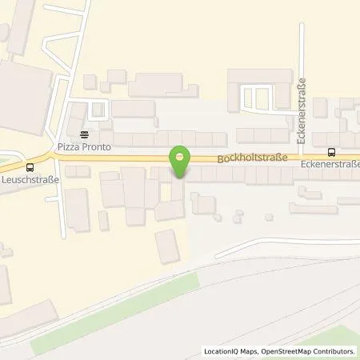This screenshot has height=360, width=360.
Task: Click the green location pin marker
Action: (181, 159)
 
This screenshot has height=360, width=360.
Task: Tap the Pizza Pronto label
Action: (83, 148)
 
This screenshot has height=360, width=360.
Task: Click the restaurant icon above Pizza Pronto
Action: (83, 136)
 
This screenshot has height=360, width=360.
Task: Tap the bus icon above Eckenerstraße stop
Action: (331, 152)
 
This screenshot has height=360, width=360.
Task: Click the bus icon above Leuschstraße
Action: (30, 167)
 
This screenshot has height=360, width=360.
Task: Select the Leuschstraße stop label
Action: (30, 181)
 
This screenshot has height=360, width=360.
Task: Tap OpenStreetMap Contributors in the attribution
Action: (309, 351)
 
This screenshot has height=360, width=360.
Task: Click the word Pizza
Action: (66, 148)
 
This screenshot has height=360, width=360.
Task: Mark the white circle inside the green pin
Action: (181, 154)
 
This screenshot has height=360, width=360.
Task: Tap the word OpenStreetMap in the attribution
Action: (285, 351)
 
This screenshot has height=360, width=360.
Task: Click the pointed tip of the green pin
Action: (181, 176)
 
